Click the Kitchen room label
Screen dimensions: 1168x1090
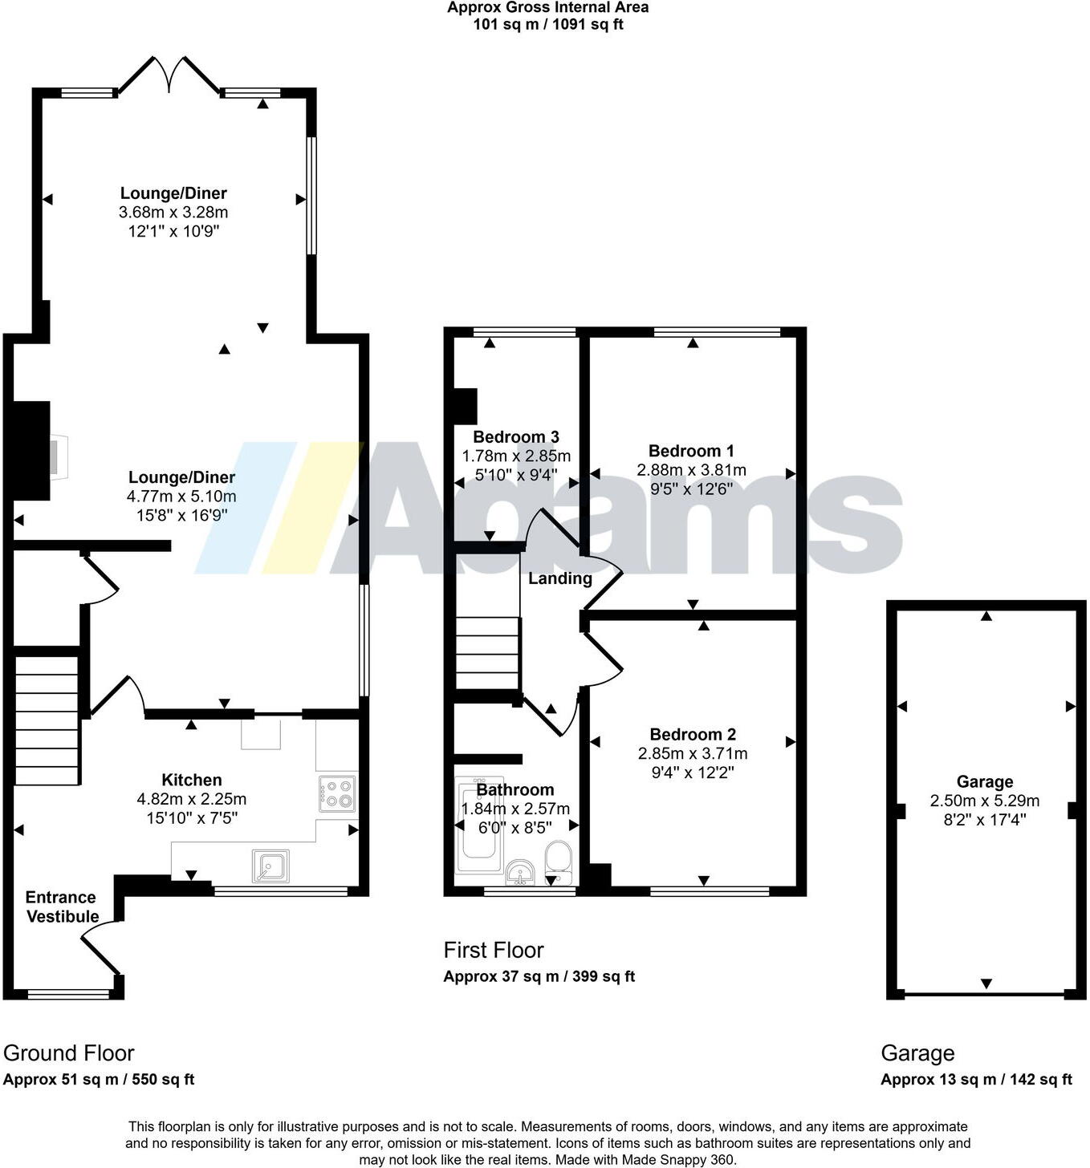(x=191, y=780)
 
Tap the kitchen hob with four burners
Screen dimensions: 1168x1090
(x=338, y=793)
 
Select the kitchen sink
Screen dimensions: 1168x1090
(x=270, y=866)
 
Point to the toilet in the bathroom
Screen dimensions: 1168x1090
(x=557, y=862)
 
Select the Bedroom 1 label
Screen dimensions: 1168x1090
(x=691, y=451)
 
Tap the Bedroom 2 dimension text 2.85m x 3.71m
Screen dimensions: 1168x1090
(x=693, y=753)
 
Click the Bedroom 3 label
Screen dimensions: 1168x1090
(x=516, y=437)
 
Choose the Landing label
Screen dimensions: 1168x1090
(x=560, y=578)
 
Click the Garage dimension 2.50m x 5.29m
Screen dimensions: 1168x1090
(x=985, y=801)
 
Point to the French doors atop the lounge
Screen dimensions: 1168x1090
(x=169, y=74)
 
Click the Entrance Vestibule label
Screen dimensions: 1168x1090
(x=61, y=907)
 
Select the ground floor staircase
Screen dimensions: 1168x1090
(x=47, y=720)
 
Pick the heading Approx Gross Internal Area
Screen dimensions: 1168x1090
(x=548, y=8)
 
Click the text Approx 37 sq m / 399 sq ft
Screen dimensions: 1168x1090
(x=539, y=976)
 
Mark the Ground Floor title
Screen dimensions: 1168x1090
(x=69, y=1053)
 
